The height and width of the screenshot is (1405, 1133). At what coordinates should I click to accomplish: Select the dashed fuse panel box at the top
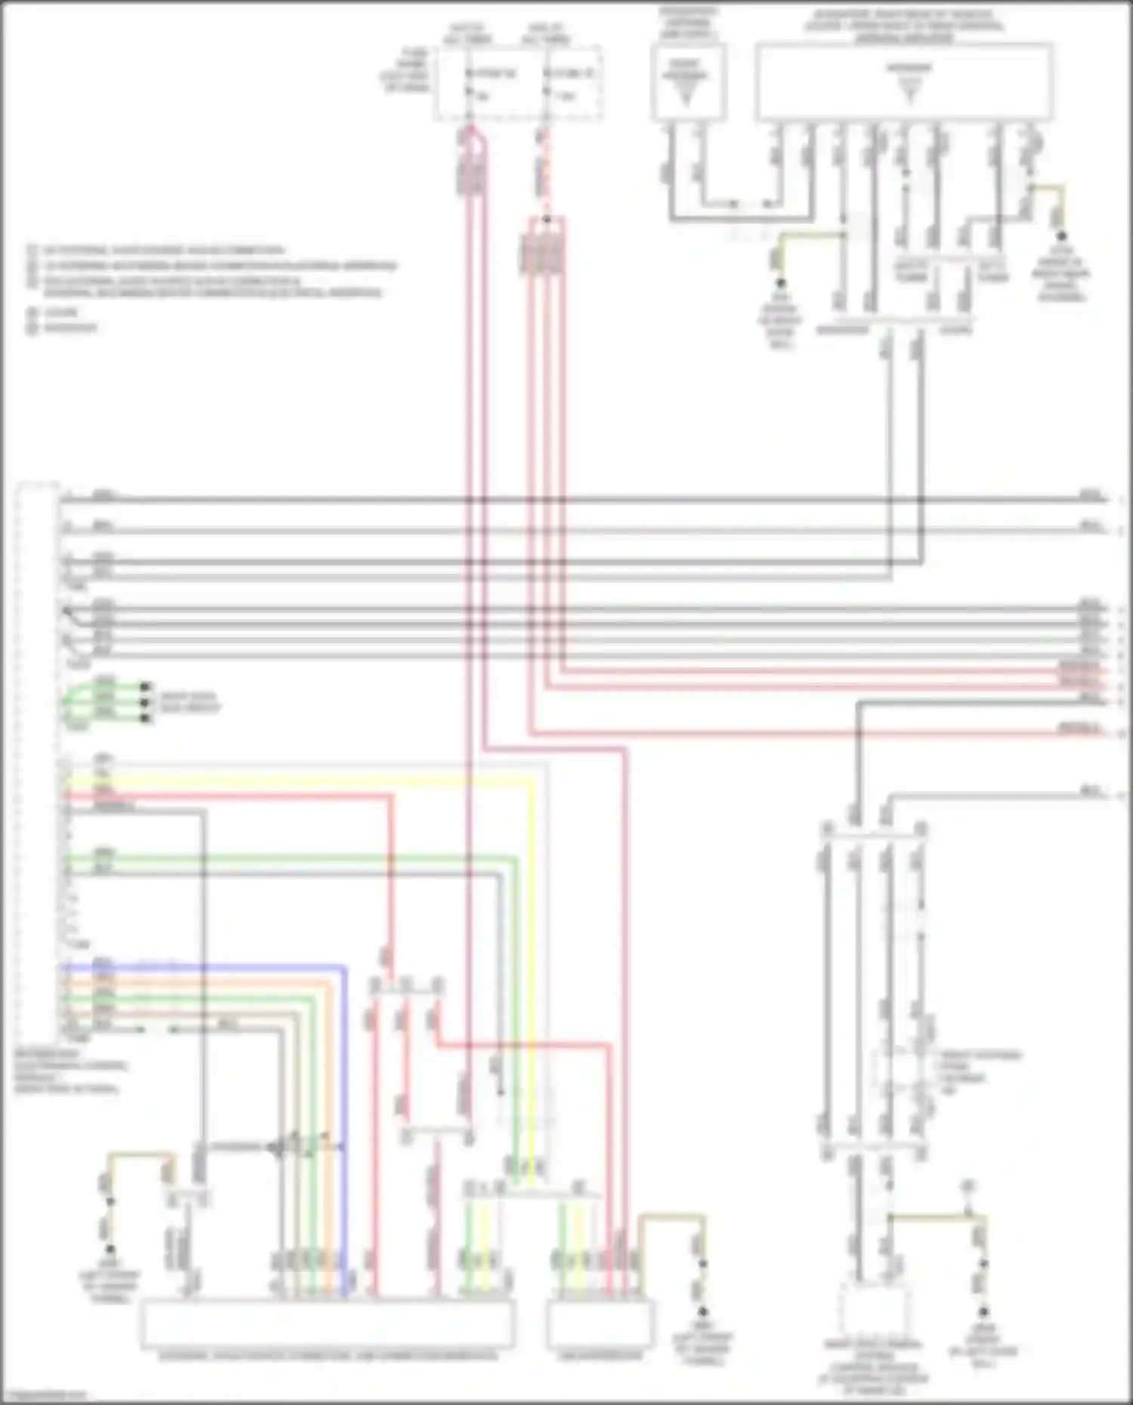point(518,83)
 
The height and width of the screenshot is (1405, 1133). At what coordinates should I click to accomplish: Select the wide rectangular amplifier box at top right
point(904,82)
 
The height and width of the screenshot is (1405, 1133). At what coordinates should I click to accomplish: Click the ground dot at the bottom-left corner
point(110,1251)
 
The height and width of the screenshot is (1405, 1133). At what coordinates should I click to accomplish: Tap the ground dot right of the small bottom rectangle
point(702,1312)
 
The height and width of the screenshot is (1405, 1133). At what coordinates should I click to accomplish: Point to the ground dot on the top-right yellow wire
point(1061,236)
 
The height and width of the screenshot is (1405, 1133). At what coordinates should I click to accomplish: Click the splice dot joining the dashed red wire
point(546,220)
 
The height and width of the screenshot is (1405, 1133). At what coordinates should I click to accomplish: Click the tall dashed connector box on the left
point(38,763)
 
